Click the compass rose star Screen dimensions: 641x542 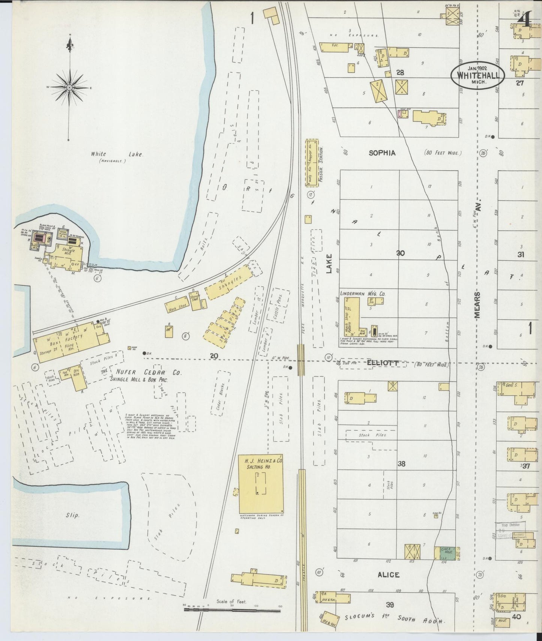[69, 87]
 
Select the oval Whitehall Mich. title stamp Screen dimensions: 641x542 [477, 75]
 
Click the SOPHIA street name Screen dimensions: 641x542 [382, 153]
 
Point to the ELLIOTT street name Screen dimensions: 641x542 [382, 363]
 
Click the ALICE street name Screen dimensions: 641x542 [388, 575]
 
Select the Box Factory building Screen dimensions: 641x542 [71, 342]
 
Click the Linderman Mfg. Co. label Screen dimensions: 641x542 [362, 294]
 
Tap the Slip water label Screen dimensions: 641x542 [72, 515]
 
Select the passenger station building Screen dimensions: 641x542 [312, 163]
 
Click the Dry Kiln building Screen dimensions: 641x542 [77, 377]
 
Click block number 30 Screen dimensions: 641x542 [400, 253]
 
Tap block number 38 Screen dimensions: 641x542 [401, 464]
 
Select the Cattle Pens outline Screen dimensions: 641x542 [281, 309]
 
